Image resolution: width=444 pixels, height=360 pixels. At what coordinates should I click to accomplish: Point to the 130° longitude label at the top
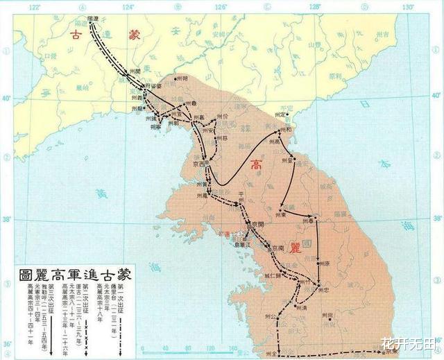407,7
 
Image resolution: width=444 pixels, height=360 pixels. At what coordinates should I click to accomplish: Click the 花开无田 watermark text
410,344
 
